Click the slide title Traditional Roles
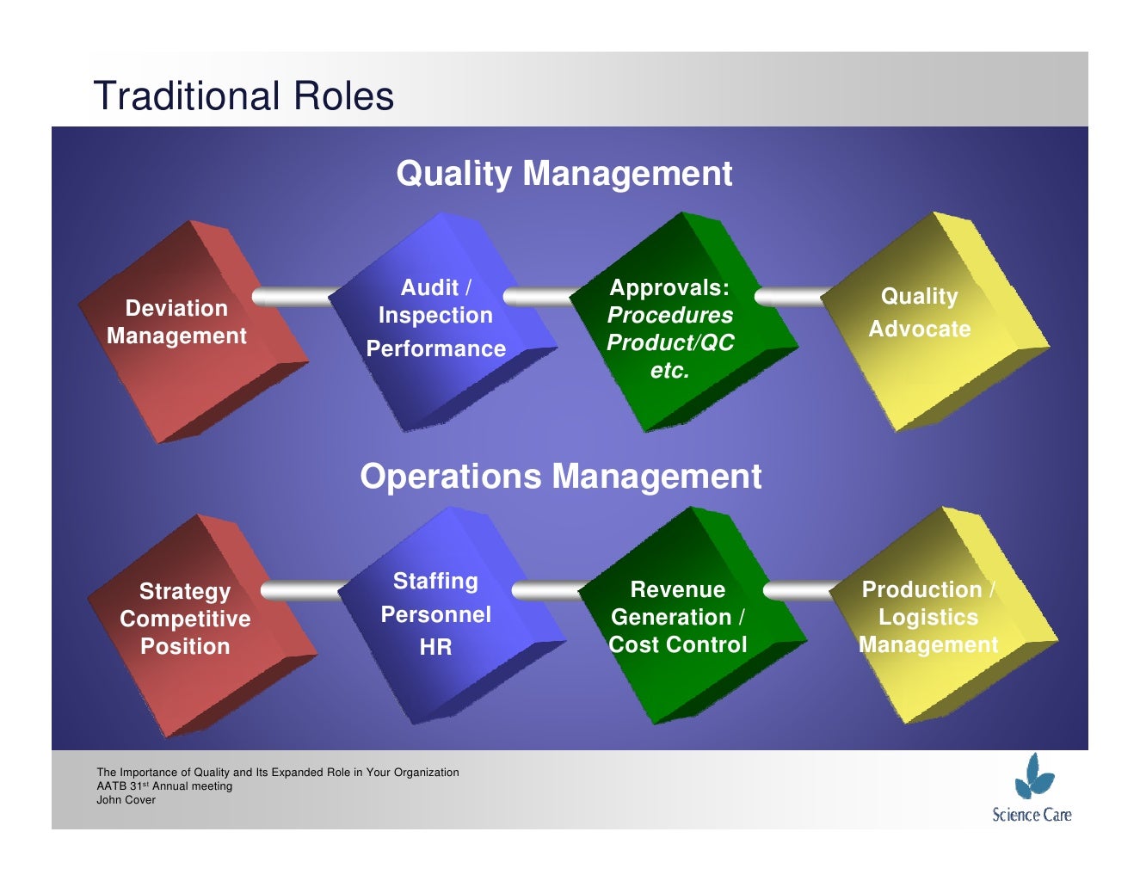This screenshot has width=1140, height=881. [x=243, y=95]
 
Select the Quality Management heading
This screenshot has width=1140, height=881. [x=564, y=174]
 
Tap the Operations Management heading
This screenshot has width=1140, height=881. [x=560, y=477]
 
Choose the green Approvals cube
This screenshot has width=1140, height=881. [x=680, y=323]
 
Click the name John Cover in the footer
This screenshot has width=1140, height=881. [x=126, y=800]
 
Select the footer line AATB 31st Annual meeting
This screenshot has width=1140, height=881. [x=164, y=786]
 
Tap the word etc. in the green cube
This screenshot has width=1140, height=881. [x=669, y=371]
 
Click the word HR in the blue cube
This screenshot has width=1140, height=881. [x=435, y=648]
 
